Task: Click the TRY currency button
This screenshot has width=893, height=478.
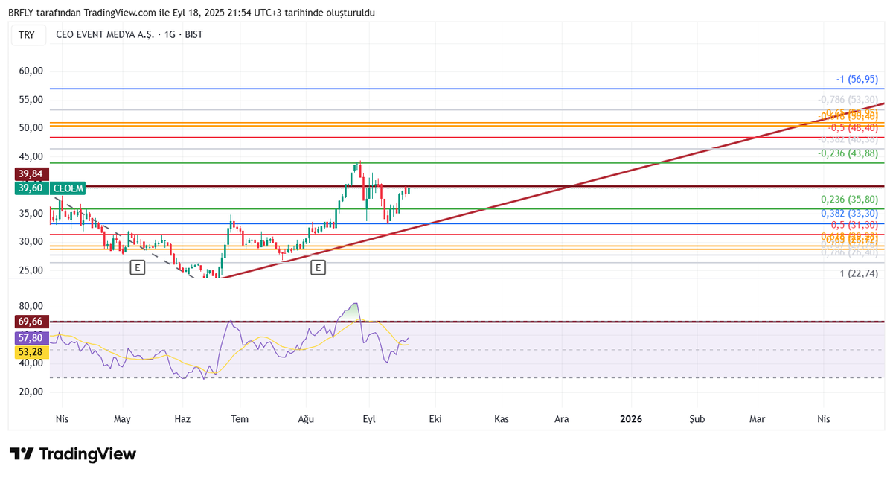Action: pyautogui.click(x=27, y=35)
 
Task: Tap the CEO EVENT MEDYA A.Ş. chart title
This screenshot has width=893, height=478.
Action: pyautogui.click(x=129, y=35)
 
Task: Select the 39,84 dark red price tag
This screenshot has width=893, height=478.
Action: pyautogui.click(x=31, y=173)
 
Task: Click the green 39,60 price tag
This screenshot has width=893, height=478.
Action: pyautogui.click(x=31, y=188)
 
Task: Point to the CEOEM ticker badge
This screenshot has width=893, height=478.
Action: pyautogui.click(x=68, y=188)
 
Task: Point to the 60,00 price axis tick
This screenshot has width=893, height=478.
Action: pyautogui.click(x=31, y=71)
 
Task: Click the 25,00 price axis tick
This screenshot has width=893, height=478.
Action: pyautogui.click(x=31, y=270)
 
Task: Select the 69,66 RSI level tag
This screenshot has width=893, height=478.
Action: pyautogui.click(x=31, y=321)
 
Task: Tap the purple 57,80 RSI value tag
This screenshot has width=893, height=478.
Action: pyautogui.click(x=31, y=337)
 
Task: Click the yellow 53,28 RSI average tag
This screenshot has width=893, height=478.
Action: pyautogui.click(x=31, y=351)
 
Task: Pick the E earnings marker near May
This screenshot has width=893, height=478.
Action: pyautogui.click(x=137, y=267)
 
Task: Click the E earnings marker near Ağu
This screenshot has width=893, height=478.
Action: pyautogui.click(x=319, y=267)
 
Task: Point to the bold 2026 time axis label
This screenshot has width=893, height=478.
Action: pyautogui.click(x=631, y=419)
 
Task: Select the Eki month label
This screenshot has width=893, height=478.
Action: pyautogui.click(x=435, y=419)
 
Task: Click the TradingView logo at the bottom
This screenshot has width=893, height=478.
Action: pyautogui.click(x=73, y=454)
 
